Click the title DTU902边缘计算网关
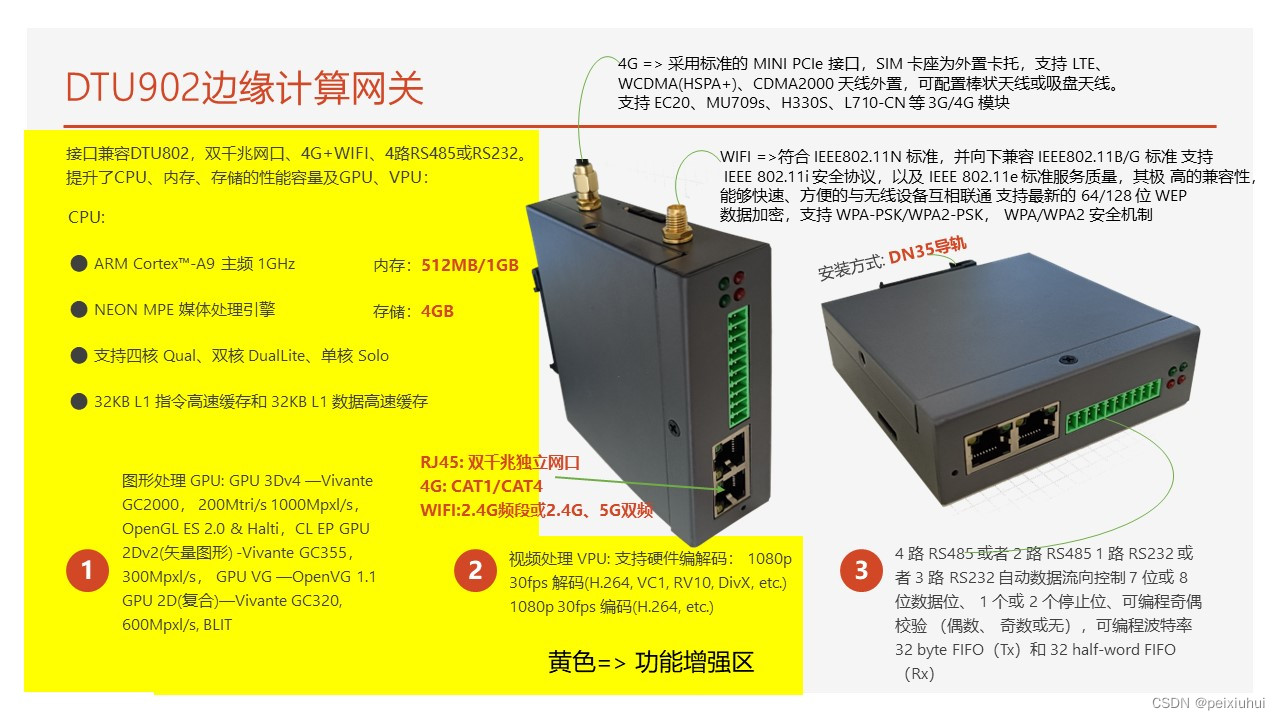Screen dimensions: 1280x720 tap(245, 88)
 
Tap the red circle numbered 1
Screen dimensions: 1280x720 tap(87, 570)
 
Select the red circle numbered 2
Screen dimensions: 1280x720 tap(475, 570)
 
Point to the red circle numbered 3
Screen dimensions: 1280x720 tap(861, 570)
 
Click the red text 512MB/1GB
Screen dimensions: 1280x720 tap(470, 265)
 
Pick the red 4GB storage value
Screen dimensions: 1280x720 tap(437, 311)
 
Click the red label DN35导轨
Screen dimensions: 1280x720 tap(927, 251)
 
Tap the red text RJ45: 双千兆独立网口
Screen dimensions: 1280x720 tap(500, 462)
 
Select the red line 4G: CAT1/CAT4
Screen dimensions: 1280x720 tap(481, 486)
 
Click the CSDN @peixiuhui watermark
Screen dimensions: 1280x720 tap(1208, 703)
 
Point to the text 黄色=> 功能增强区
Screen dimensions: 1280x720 tap(651, 662)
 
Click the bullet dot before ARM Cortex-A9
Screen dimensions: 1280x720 tap(78, 263)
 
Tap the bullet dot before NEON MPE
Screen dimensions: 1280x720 tap(78, 309)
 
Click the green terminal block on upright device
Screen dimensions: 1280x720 tap(738, 367)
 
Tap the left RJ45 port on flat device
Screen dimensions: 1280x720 tap(987, 450)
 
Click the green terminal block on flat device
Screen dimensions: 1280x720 tap(1113, 406)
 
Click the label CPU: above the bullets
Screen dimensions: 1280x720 tap(86, 218)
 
